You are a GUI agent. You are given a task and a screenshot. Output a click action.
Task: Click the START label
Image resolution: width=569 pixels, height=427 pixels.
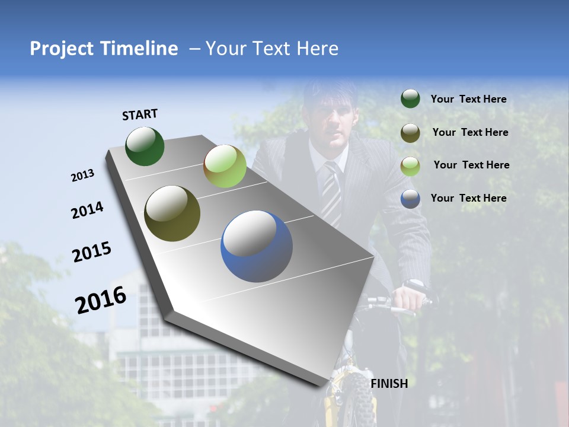(140, 114)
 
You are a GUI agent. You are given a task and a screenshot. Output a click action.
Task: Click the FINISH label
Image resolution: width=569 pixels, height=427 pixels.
(389, 384)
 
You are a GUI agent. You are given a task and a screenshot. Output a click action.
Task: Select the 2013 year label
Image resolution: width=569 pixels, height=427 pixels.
(82, 176)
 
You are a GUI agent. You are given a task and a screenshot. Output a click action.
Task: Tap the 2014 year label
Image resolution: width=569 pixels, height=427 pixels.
(87, 211)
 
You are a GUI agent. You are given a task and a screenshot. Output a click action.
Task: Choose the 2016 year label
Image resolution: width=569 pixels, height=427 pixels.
(101, 300)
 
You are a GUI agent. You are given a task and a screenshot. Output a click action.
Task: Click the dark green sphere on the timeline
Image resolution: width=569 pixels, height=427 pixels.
(145, 146)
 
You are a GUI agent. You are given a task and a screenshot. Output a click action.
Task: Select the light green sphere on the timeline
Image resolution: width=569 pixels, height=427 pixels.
(225, 166)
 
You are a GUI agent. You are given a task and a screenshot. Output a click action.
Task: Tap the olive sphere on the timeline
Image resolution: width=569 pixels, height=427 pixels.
(172, 213)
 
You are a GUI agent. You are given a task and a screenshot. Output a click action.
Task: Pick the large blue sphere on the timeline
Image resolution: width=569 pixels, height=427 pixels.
(256, 246)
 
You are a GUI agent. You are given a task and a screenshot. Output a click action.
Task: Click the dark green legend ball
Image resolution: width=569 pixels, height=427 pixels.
(410, 98)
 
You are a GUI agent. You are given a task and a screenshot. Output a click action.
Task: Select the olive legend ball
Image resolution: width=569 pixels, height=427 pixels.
(410, 132)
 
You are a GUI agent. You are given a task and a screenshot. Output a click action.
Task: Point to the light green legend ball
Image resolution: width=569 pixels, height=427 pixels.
(410, 165)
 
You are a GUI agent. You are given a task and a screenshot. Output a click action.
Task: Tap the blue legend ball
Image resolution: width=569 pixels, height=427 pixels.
(410, 199)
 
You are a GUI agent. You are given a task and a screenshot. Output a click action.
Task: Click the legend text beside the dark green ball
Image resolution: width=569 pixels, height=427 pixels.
(468, 99)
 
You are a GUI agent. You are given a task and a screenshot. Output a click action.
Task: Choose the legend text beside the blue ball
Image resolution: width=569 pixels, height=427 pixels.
(468, 198)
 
